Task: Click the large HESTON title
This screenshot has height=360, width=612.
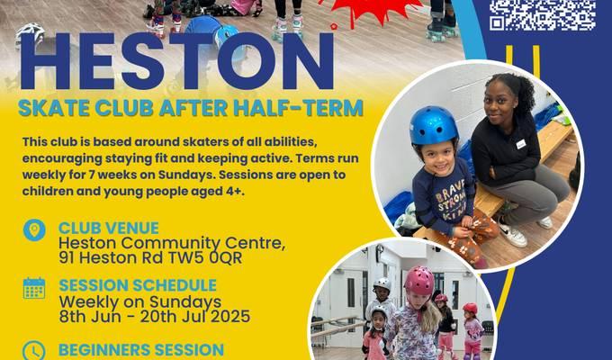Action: [176, 62]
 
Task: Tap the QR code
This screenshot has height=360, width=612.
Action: [543, 15]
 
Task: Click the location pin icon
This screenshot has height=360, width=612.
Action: [34, 229]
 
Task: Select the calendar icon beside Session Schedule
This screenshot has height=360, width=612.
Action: [34, 288]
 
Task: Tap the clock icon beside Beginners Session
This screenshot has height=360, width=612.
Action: [34, 350]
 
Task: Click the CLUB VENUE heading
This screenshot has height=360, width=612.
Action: [109, 228]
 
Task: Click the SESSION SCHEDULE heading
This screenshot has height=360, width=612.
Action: [138, 285]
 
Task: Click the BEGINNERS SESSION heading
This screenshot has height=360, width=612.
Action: [141, 349]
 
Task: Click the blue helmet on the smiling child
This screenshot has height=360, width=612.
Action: [433, 126]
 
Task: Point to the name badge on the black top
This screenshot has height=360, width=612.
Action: [521, 144]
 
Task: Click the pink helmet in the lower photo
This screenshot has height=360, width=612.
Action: [419, 280]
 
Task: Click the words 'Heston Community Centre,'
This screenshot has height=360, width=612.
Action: [172, 243]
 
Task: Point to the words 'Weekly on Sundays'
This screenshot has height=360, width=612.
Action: [140, 301]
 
